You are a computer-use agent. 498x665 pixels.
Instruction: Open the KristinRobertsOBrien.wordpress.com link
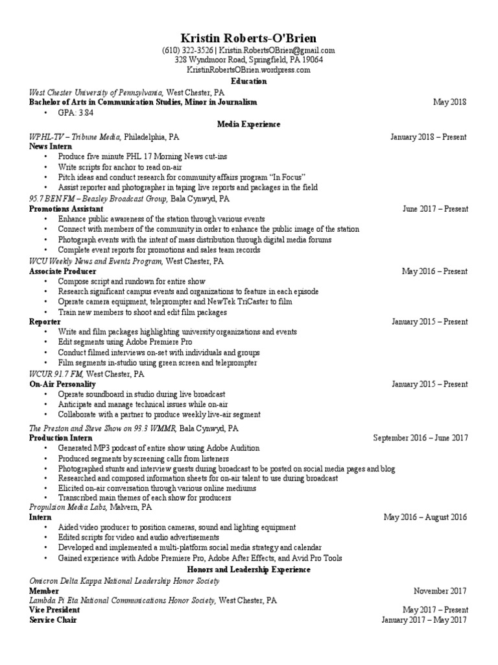[x=248, y=69]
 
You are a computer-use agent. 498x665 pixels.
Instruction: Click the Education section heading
[x=248, y=81]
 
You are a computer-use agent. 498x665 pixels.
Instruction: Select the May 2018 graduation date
[x=450, y=102]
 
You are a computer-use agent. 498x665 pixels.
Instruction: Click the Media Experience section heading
[x=248, y=124]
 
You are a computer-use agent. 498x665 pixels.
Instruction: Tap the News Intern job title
[x=51, y=147]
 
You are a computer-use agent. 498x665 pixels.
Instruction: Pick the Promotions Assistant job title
[x=66, y=209]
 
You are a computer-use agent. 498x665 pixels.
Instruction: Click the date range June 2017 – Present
[x=434, y=209]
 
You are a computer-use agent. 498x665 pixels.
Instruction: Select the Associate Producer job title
[x=63, y=271]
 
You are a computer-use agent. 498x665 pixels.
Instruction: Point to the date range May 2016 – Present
[x=434, y=271]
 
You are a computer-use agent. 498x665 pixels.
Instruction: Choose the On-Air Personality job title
[x=62, y=384]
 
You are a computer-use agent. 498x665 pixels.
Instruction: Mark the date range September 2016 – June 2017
[x=420, y=438]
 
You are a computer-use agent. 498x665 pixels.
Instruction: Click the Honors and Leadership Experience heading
[x=248, y=570]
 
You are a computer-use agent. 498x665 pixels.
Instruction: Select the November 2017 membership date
[x=440, y=591]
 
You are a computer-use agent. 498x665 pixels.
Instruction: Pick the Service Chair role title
[x=53, y=620]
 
